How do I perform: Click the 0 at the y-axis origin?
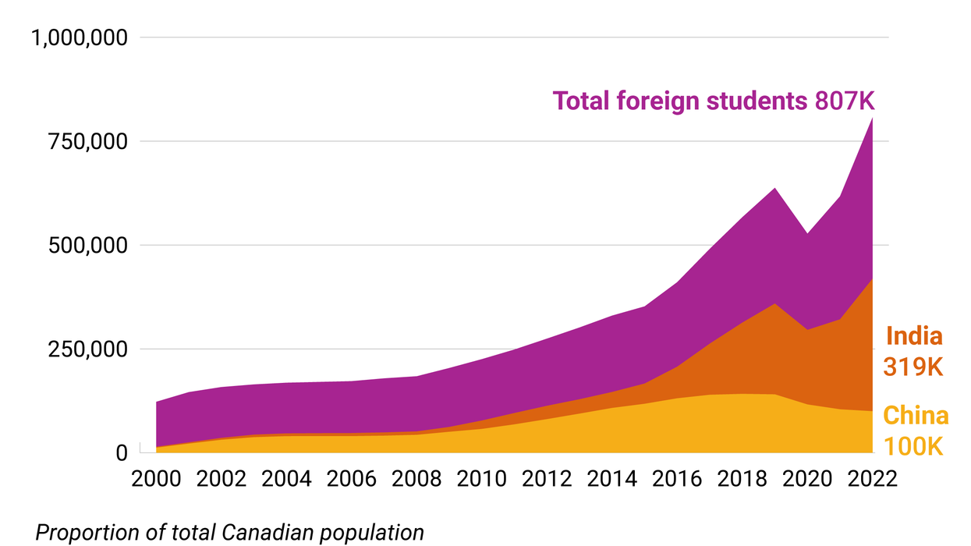point(120,452)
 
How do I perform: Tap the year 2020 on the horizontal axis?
point(806,478)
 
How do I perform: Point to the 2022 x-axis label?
point(871,478)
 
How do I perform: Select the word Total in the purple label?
point(581,101)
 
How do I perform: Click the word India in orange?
point(914,336)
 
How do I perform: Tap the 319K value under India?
point(914,366)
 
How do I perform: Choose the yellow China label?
point(916,416)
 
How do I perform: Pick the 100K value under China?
point(914,446)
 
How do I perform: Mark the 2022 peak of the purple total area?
point(871,119)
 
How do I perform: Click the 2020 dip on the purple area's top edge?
point(806,232)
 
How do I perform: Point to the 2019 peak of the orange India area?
point(774,303)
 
